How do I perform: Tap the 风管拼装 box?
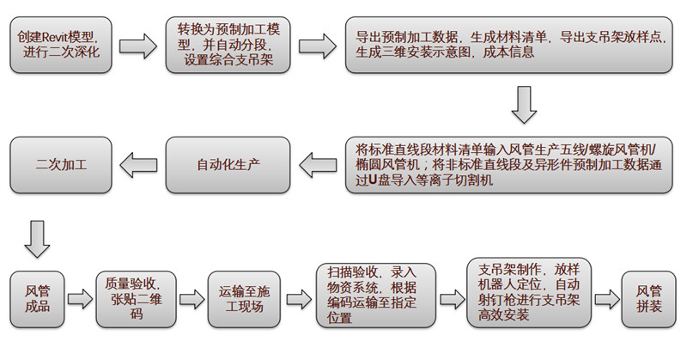click(x=649, y=299)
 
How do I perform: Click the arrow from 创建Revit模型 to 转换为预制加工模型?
click(x=137, y=44)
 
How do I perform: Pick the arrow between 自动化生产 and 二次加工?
click(x=137, y=163)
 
